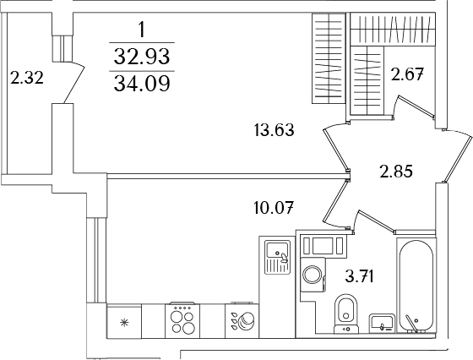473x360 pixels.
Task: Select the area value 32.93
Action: [x=142, y=57]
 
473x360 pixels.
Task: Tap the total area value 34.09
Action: [x=142, y=85]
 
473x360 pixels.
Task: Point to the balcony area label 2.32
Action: [x=25, y=80]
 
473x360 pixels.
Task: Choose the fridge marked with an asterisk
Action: [x=124, y=322]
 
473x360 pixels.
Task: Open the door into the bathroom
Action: [x=372, y=221]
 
